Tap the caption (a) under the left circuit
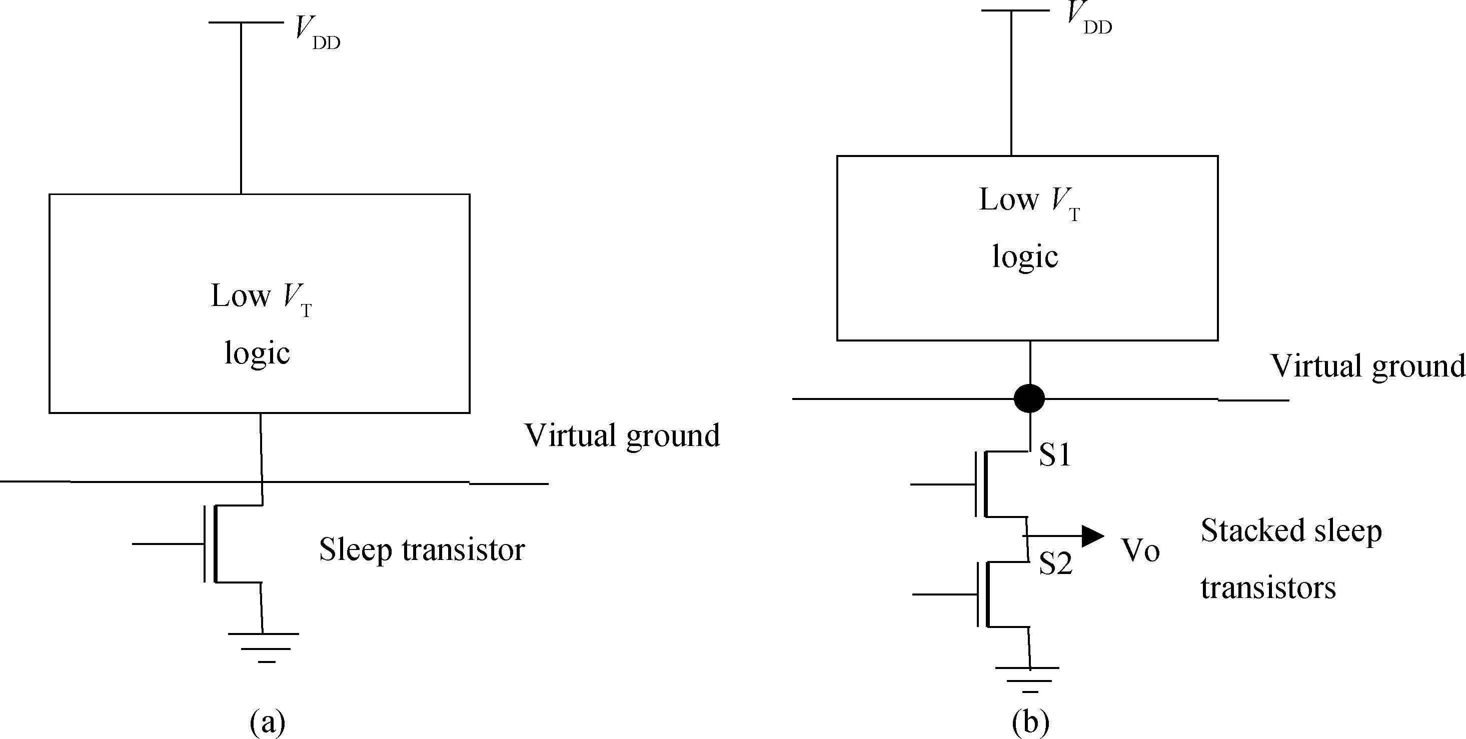click(267, 722)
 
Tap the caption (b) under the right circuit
click(1030, 722)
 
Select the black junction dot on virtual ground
click(1029, 398)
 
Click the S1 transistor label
click(1054, 455)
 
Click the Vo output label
click(1140, 550)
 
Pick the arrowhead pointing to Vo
click(1091, 536)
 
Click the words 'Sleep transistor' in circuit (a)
click(421, 549)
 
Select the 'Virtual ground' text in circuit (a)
click(622, 435)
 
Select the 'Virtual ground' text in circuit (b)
click(1367, 366)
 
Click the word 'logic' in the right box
click(1025, 256)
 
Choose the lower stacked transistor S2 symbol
click(990, 594)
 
